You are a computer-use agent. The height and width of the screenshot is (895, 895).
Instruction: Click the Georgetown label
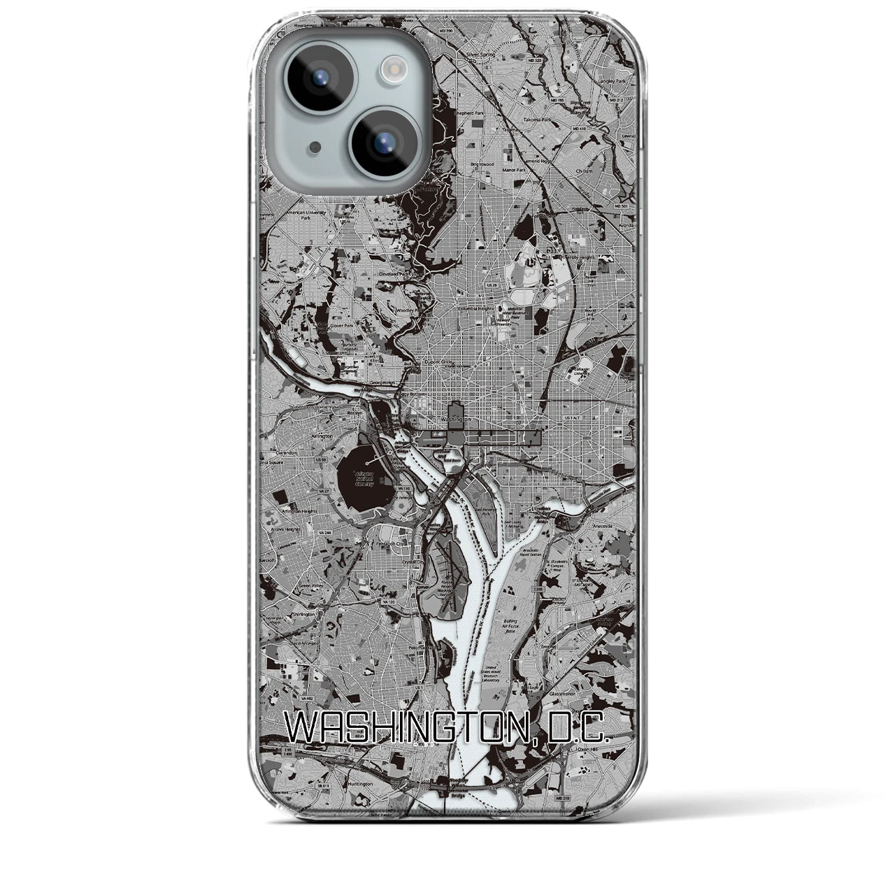(383, 382)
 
